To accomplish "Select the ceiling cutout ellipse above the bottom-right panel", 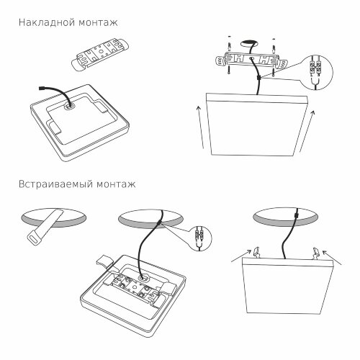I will click(287, 217).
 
